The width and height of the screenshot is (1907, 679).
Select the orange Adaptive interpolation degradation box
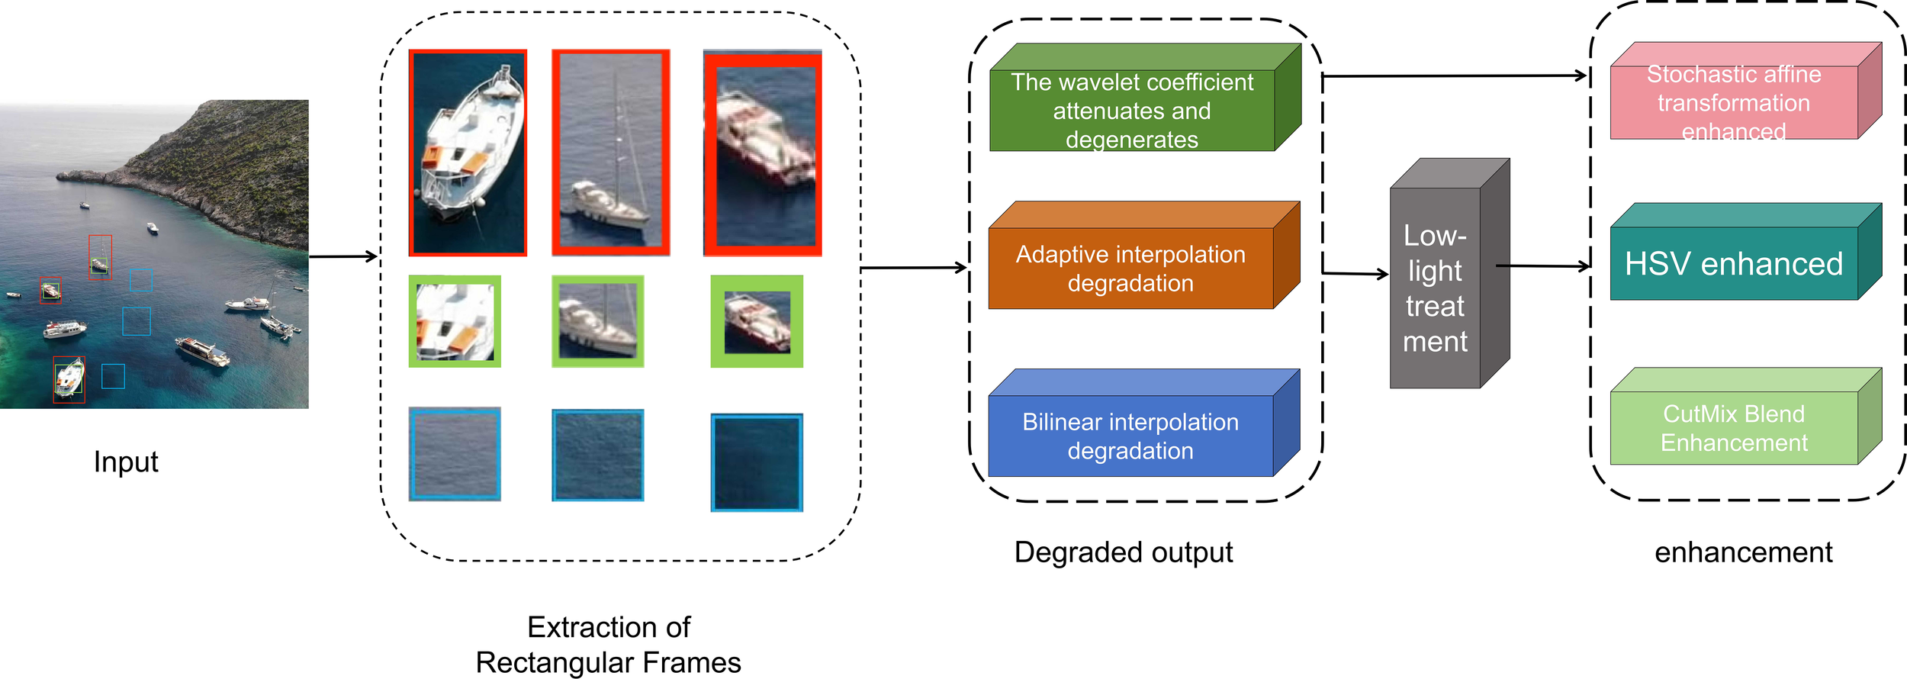point(1130,268)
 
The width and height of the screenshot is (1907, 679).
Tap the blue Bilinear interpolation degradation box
point(1130,436)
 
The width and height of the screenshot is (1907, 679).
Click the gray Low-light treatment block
point(1435,288)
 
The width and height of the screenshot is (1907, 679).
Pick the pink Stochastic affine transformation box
point(1733,102)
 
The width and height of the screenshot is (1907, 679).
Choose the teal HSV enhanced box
point(1733,263)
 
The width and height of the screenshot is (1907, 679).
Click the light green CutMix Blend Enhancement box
point(1733,427)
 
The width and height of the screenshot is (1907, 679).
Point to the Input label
point(126,462)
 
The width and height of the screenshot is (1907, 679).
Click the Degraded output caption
point(1123,552)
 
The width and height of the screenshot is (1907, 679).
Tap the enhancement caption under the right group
point(1743,552)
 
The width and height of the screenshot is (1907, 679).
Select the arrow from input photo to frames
point(343,256)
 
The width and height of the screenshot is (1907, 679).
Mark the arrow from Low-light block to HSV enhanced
point(1545,266)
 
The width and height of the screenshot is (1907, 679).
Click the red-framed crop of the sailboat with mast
point(610,153)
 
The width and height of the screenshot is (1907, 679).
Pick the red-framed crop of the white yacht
point(468,153)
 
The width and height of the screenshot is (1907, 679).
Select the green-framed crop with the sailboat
point(598,321)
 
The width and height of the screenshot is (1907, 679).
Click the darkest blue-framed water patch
point(757,462)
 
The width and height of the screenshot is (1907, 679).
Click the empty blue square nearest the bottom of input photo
point(113,376)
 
